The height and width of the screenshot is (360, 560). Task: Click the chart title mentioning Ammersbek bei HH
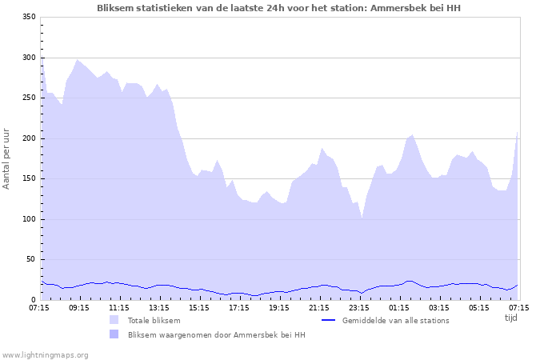[278, 8]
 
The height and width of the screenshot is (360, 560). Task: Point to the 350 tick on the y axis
[29, 17]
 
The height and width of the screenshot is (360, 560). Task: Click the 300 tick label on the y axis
[29, 58]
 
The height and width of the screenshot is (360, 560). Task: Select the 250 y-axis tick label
[29, 98]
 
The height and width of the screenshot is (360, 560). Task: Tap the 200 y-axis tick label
[29, 138]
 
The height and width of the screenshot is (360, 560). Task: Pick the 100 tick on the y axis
[29, 219]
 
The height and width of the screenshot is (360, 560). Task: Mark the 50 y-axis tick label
[31, 259]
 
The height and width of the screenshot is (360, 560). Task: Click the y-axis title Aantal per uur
[7, 158]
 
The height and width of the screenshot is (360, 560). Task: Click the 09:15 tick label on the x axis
[79, 307]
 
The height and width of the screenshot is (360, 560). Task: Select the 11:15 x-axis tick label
[119, 307]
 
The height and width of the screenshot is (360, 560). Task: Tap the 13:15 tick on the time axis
[159, 307]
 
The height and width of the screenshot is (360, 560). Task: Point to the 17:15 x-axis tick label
[239, 307]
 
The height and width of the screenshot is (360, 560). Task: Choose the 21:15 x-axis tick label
[319, 307]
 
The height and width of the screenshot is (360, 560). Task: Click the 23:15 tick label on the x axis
[359, 307]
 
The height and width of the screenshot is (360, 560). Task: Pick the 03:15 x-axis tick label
[439, 307]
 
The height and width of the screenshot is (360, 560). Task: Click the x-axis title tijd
[511, 318]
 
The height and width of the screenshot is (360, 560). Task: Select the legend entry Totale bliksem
[154, 320]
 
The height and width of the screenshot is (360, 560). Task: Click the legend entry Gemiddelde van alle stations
[395, 320]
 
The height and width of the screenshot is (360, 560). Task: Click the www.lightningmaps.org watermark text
[45, 354]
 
